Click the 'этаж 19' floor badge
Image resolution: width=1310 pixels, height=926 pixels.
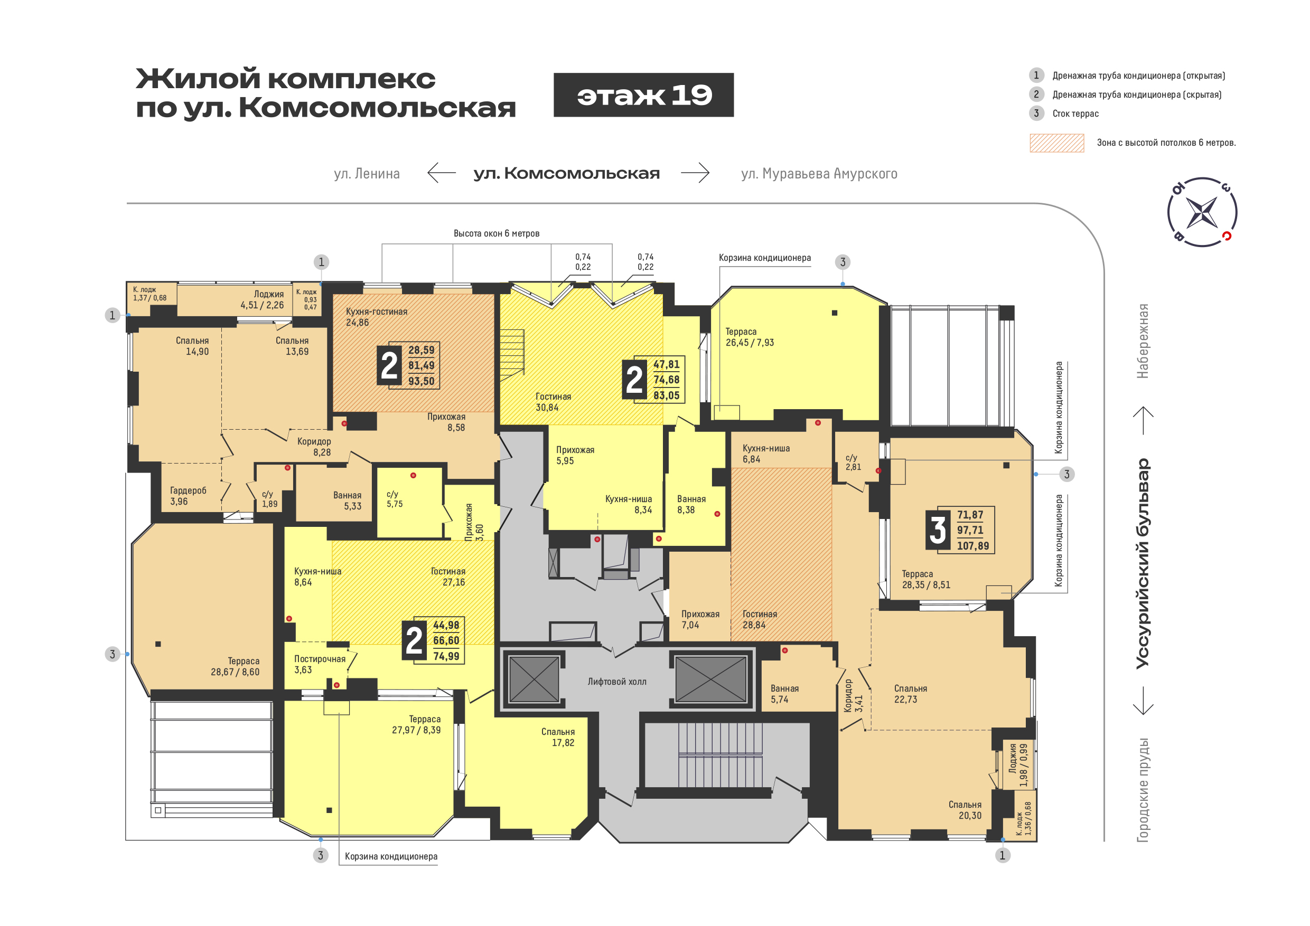coord(643,95)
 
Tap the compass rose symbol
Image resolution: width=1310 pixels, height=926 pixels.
coord(1202,212)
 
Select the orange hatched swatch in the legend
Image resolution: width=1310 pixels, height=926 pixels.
coord(1056,143)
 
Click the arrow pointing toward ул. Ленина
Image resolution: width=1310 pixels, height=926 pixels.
coord(442,172)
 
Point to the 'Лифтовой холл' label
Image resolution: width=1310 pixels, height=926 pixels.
coord(617,682)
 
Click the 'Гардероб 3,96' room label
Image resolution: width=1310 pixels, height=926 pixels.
coord(188,496)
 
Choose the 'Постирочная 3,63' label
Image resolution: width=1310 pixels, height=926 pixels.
coord(320,664)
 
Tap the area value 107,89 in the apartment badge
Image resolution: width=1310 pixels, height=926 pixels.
coord(973,546)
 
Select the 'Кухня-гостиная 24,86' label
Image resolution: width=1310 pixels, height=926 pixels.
coord(377,317)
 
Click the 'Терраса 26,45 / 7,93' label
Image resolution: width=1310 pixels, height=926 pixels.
coord(750,337)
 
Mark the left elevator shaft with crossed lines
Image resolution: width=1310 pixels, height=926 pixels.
coord(534,679)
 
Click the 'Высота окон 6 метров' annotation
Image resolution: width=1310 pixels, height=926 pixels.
coord(497,233)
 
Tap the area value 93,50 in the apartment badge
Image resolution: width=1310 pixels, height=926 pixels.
coord(421,381)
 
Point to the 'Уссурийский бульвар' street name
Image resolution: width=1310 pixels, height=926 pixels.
coord(1143,563)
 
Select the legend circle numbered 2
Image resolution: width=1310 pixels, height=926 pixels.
coord(1037,94)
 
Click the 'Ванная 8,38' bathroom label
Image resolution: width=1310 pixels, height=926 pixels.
coord(691,505)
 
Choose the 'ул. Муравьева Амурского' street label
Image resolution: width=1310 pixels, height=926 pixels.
coord(819,173)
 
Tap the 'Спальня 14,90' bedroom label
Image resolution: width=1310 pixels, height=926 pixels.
coord(192,346)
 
